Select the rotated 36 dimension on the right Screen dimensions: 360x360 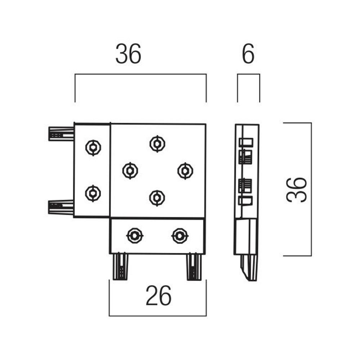point(297,189)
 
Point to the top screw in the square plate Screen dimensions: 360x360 point(157,144)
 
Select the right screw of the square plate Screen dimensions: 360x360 point(185,171)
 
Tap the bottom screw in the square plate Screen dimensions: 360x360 point(157,198)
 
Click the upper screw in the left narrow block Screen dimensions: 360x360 point(93,147)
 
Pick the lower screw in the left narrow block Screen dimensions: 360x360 point(93,193)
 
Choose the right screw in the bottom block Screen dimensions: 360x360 point(180,235)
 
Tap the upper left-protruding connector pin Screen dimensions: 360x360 point(61,134)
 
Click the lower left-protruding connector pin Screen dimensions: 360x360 point(61,207)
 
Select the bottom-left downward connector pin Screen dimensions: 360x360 point(120,267)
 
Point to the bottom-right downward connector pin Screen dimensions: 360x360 point(194,267)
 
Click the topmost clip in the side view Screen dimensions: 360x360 point(246,142)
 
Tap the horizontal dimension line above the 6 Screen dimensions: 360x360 point(248,74)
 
